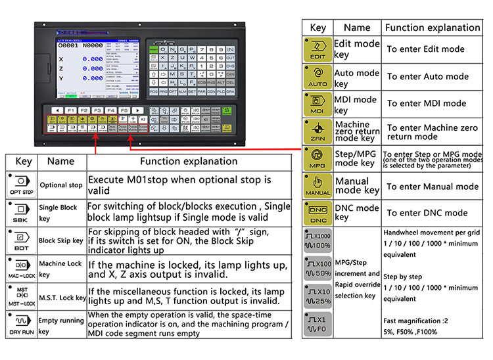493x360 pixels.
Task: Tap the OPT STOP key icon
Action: pos(20,184)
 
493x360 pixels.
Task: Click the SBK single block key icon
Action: pos(20,212)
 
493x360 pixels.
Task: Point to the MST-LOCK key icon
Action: pos(20,297)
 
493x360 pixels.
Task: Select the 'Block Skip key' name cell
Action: pos(61,240)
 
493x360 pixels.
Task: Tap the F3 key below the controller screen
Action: pos(97,110)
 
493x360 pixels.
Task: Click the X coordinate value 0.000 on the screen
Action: pos(92,59)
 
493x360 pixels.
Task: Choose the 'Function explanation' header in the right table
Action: pos(432,28)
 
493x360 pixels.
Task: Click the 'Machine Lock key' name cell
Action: pos(60,269)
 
